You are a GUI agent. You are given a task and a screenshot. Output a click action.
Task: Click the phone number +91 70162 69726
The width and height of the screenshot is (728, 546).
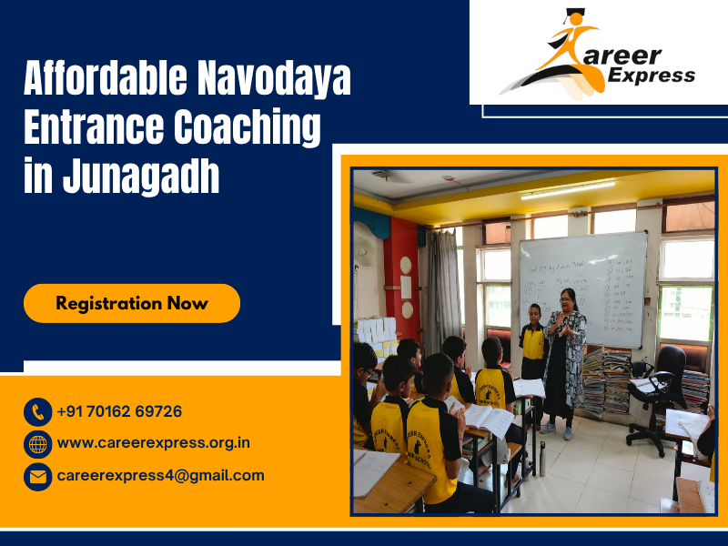[x=119, y=411]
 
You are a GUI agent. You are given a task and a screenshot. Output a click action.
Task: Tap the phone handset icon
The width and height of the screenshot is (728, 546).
[x=37, y=412]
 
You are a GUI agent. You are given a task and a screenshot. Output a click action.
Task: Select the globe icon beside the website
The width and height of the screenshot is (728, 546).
[x=37, y=444]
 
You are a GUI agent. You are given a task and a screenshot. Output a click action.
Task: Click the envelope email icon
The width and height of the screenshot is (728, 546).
[x=37, y=476]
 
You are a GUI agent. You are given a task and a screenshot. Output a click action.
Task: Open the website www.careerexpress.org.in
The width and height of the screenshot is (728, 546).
[x=153, y=443]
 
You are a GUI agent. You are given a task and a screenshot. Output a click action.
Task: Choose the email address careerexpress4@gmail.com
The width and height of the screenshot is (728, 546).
[x=160, y=475]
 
